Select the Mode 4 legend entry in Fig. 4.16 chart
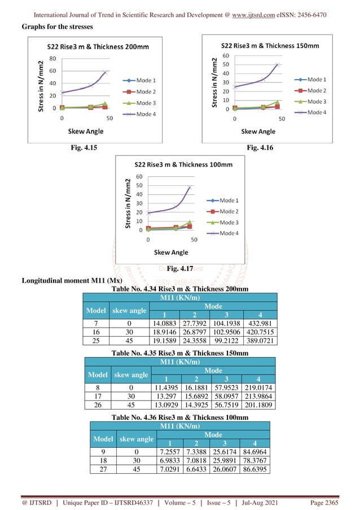click(x=316, y=112)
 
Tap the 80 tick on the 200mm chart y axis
click(x=52, y=58)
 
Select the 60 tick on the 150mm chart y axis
click(x=226, y=56)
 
